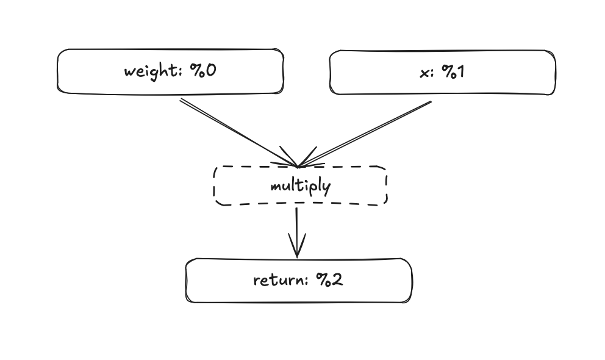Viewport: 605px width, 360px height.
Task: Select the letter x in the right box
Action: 424,72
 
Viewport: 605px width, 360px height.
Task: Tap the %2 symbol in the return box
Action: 329,280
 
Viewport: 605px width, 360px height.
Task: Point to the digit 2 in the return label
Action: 337,280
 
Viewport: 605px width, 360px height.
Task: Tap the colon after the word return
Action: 310,282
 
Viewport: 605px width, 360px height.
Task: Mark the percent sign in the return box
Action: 323,280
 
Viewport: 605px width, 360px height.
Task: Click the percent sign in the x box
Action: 448,71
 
